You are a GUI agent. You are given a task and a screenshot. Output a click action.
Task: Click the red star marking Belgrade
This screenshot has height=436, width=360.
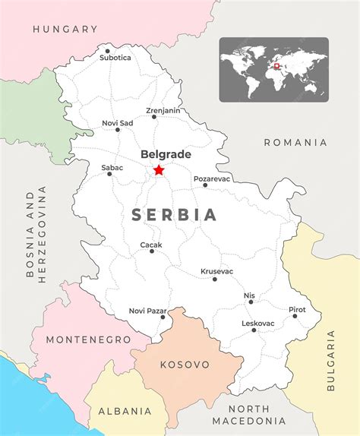(159, 170)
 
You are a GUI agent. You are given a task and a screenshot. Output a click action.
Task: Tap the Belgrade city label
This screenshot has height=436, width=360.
(166, 154)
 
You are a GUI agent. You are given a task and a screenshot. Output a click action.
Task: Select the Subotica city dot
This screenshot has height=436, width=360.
(107, 52)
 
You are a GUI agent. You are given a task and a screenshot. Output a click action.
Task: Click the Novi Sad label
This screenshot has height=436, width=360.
(117, 123)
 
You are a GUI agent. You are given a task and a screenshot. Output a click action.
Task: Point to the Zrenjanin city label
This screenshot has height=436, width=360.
(163, 110)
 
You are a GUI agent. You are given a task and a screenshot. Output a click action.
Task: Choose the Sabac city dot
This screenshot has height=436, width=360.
(109, 174)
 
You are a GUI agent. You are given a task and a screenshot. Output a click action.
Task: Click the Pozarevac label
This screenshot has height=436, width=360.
(212, 179)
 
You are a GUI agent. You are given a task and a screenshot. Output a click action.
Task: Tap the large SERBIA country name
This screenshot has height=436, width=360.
(175, 215)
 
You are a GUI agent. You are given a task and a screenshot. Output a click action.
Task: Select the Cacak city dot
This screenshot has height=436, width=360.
(152, 251)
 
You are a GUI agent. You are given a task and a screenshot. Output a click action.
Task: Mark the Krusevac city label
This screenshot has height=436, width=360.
(216, 271)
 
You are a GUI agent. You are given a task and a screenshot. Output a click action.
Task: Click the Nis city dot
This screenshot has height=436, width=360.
(251, 302)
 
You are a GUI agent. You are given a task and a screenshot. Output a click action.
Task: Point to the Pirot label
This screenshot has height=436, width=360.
(297, 309)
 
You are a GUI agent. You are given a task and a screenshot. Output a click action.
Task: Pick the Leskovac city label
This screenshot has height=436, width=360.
(258, 323)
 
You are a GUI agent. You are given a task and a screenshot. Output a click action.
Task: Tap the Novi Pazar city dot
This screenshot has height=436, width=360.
(163, 317)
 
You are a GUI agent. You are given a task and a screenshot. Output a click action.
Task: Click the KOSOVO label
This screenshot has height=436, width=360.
(185, 365)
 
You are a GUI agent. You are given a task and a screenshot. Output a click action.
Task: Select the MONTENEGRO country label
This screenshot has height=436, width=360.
(88, 340)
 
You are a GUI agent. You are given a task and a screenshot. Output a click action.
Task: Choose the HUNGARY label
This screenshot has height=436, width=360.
(65, 29)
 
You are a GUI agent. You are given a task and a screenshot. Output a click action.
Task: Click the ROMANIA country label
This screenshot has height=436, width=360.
(295, 142)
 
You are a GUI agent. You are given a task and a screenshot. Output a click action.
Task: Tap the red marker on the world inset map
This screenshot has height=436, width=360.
(278, 66)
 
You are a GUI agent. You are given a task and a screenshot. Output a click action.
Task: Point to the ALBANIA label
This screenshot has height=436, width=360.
(125, 411)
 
